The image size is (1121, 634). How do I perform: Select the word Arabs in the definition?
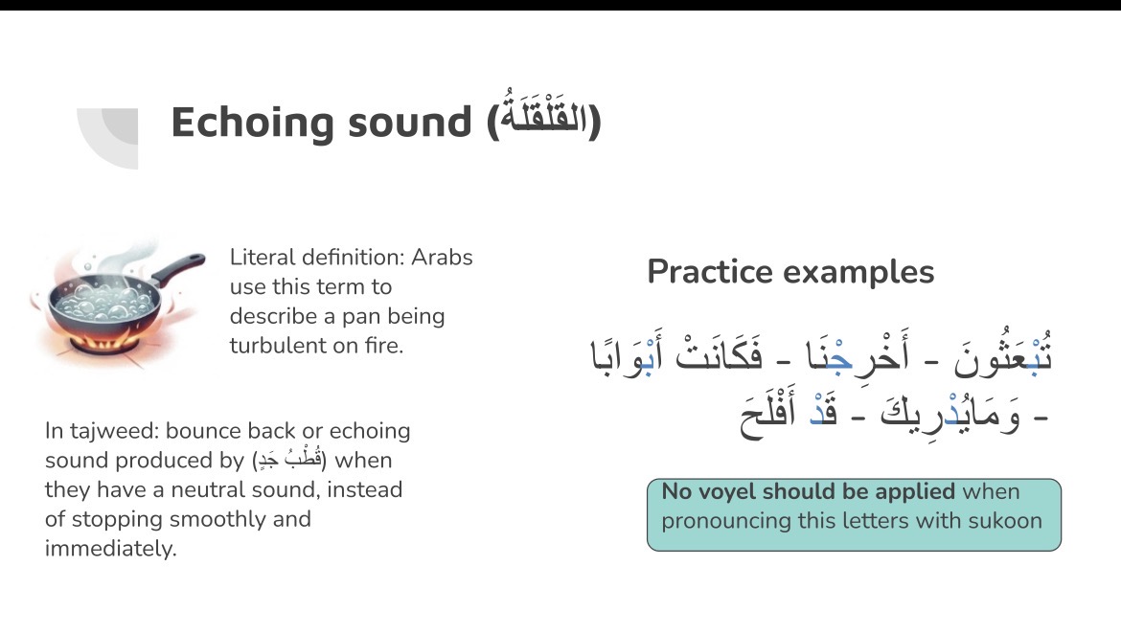(442, 257)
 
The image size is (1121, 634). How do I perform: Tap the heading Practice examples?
(790, 272)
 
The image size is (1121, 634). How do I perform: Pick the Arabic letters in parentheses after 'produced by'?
(289, 459)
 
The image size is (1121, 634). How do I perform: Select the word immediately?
(110, 548)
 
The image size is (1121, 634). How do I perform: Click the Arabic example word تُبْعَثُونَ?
(1002, 353)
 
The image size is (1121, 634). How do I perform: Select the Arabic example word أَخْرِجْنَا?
(858, 353)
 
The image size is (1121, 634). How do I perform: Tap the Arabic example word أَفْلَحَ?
(767, 415)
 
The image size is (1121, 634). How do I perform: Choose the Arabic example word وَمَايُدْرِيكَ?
(950, 415)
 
